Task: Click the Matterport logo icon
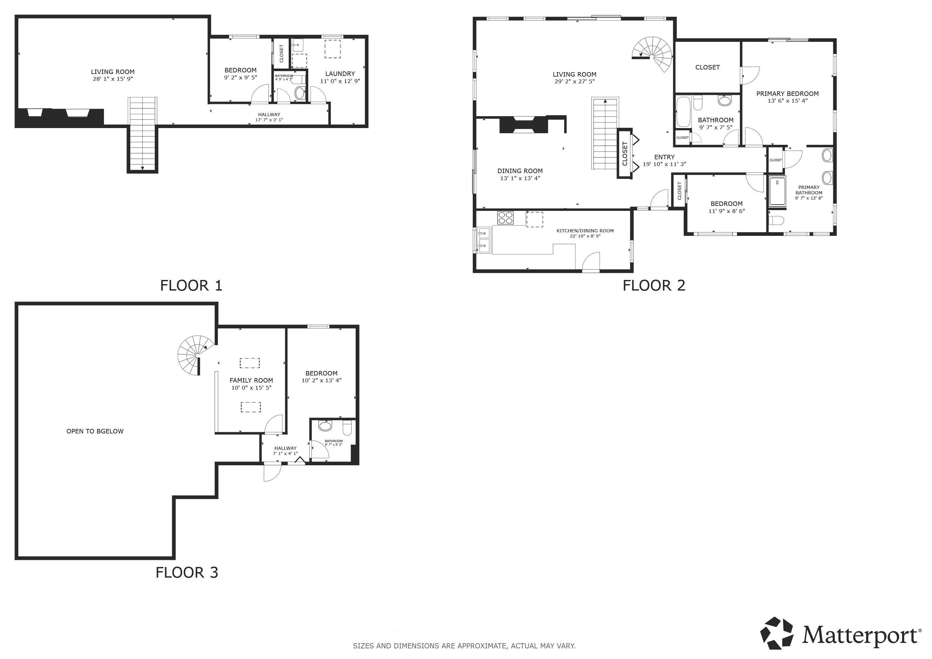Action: [777, 633]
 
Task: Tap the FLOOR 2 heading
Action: [654, 286]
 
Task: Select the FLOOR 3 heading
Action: [187, 572]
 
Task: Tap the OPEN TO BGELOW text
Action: [95, 432]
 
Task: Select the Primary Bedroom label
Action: [788, 94]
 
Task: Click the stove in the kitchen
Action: [505, 218]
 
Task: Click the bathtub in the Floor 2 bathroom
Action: [684, 112]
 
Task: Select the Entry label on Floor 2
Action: [665, 157]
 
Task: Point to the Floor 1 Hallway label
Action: [269, 115]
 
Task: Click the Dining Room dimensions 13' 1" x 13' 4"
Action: [520, 179]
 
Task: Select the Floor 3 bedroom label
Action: [322, 373]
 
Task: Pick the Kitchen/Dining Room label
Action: [585, 231]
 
